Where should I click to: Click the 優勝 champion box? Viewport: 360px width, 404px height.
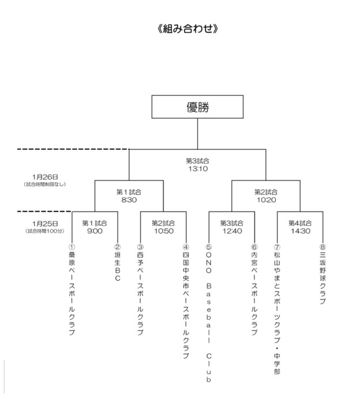tap(197, 107)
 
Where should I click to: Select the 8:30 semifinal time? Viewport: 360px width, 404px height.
tap(128, 201)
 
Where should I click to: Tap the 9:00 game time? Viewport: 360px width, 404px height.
tap(94, 231)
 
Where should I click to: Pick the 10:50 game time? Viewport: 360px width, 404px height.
tap(163, 231)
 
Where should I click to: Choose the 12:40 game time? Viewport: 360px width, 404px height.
tap(232, 231)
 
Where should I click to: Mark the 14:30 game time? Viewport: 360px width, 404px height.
tap(300, 231)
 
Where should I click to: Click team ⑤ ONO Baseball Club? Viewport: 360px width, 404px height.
tap(209, 314)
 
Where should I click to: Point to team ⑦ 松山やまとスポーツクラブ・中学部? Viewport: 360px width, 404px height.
tap(276, 308)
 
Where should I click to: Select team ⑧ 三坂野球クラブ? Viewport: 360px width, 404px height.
tap(323, 274)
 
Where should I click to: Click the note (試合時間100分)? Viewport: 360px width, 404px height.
tap(44, 231)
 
